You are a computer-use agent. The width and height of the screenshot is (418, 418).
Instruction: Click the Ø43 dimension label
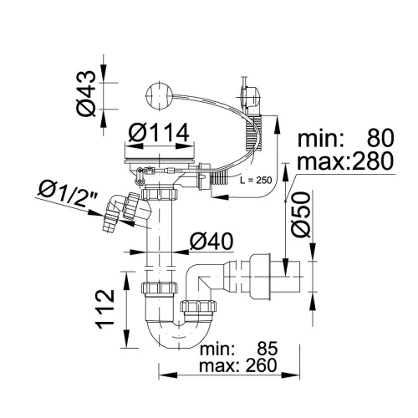[x=86, y=94]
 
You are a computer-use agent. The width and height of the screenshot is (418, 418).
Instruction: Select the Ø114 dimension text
[x=159, y=133]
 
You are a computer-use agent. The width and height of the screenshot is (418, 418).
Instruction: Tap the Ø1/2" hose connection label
[x=68, y=193]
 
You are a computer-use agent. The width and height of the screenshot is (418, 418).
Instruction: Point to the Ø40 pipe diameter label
[x=211, y=242]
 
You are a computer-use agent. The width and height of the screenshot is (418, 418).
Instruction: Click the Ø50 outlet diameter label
[x=301, y=215]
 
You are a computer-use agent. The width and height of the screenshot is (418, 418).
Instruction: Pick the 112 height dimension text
[x=105, y=309]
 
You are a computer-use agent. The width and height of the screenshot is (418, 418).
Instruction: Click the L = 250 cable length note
[x=256, y=181]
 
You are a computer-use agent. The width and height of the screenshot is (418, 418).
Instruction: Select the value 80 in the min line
[x=380, y=138]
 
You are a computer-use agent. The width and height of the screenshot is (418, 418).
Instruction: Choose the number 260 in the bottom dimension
[x=261, y=365]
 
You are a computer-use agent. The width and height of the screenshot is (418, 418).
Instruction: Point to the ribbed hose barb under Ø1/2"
[x=110, y=223]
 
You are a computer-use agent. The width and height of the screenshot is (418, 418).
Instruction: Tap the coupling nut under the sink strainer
[x=159, y=194]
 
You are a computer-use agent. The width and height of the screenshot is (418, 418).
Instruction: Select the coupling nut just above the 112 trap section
[x=159, y=288]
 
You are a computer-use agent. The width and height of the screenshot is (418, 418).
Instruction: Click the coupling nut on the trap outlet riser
[x=198, y=306]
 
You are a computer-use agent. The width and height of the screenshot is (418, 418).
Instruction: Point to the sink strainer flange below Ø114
[x=159, y=161]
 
